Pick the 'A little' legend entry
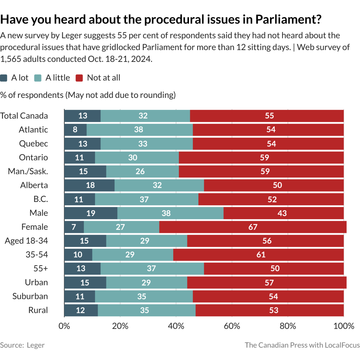coord(52,78)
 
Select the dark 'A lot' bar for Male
coord(91,213)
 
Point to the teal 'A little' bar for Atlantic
coord(140,130)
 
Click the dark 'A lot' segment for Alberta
coord(89,185)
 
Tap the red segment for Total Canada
coord(267,116)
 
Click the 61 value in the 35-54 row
coord(261,255)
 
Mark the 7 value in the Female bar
coord(74,227)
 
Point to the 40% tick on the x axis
coord(176,327)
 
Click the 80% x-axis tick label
coord(288,327)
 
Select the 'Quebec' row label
coord(33,144)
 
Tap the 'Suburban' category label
coord(30,296)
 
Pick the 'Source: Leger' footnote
coord(22,345)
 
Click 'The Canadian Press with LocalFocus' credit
coord(302,345)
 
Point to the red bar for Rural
coord(270,310)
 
